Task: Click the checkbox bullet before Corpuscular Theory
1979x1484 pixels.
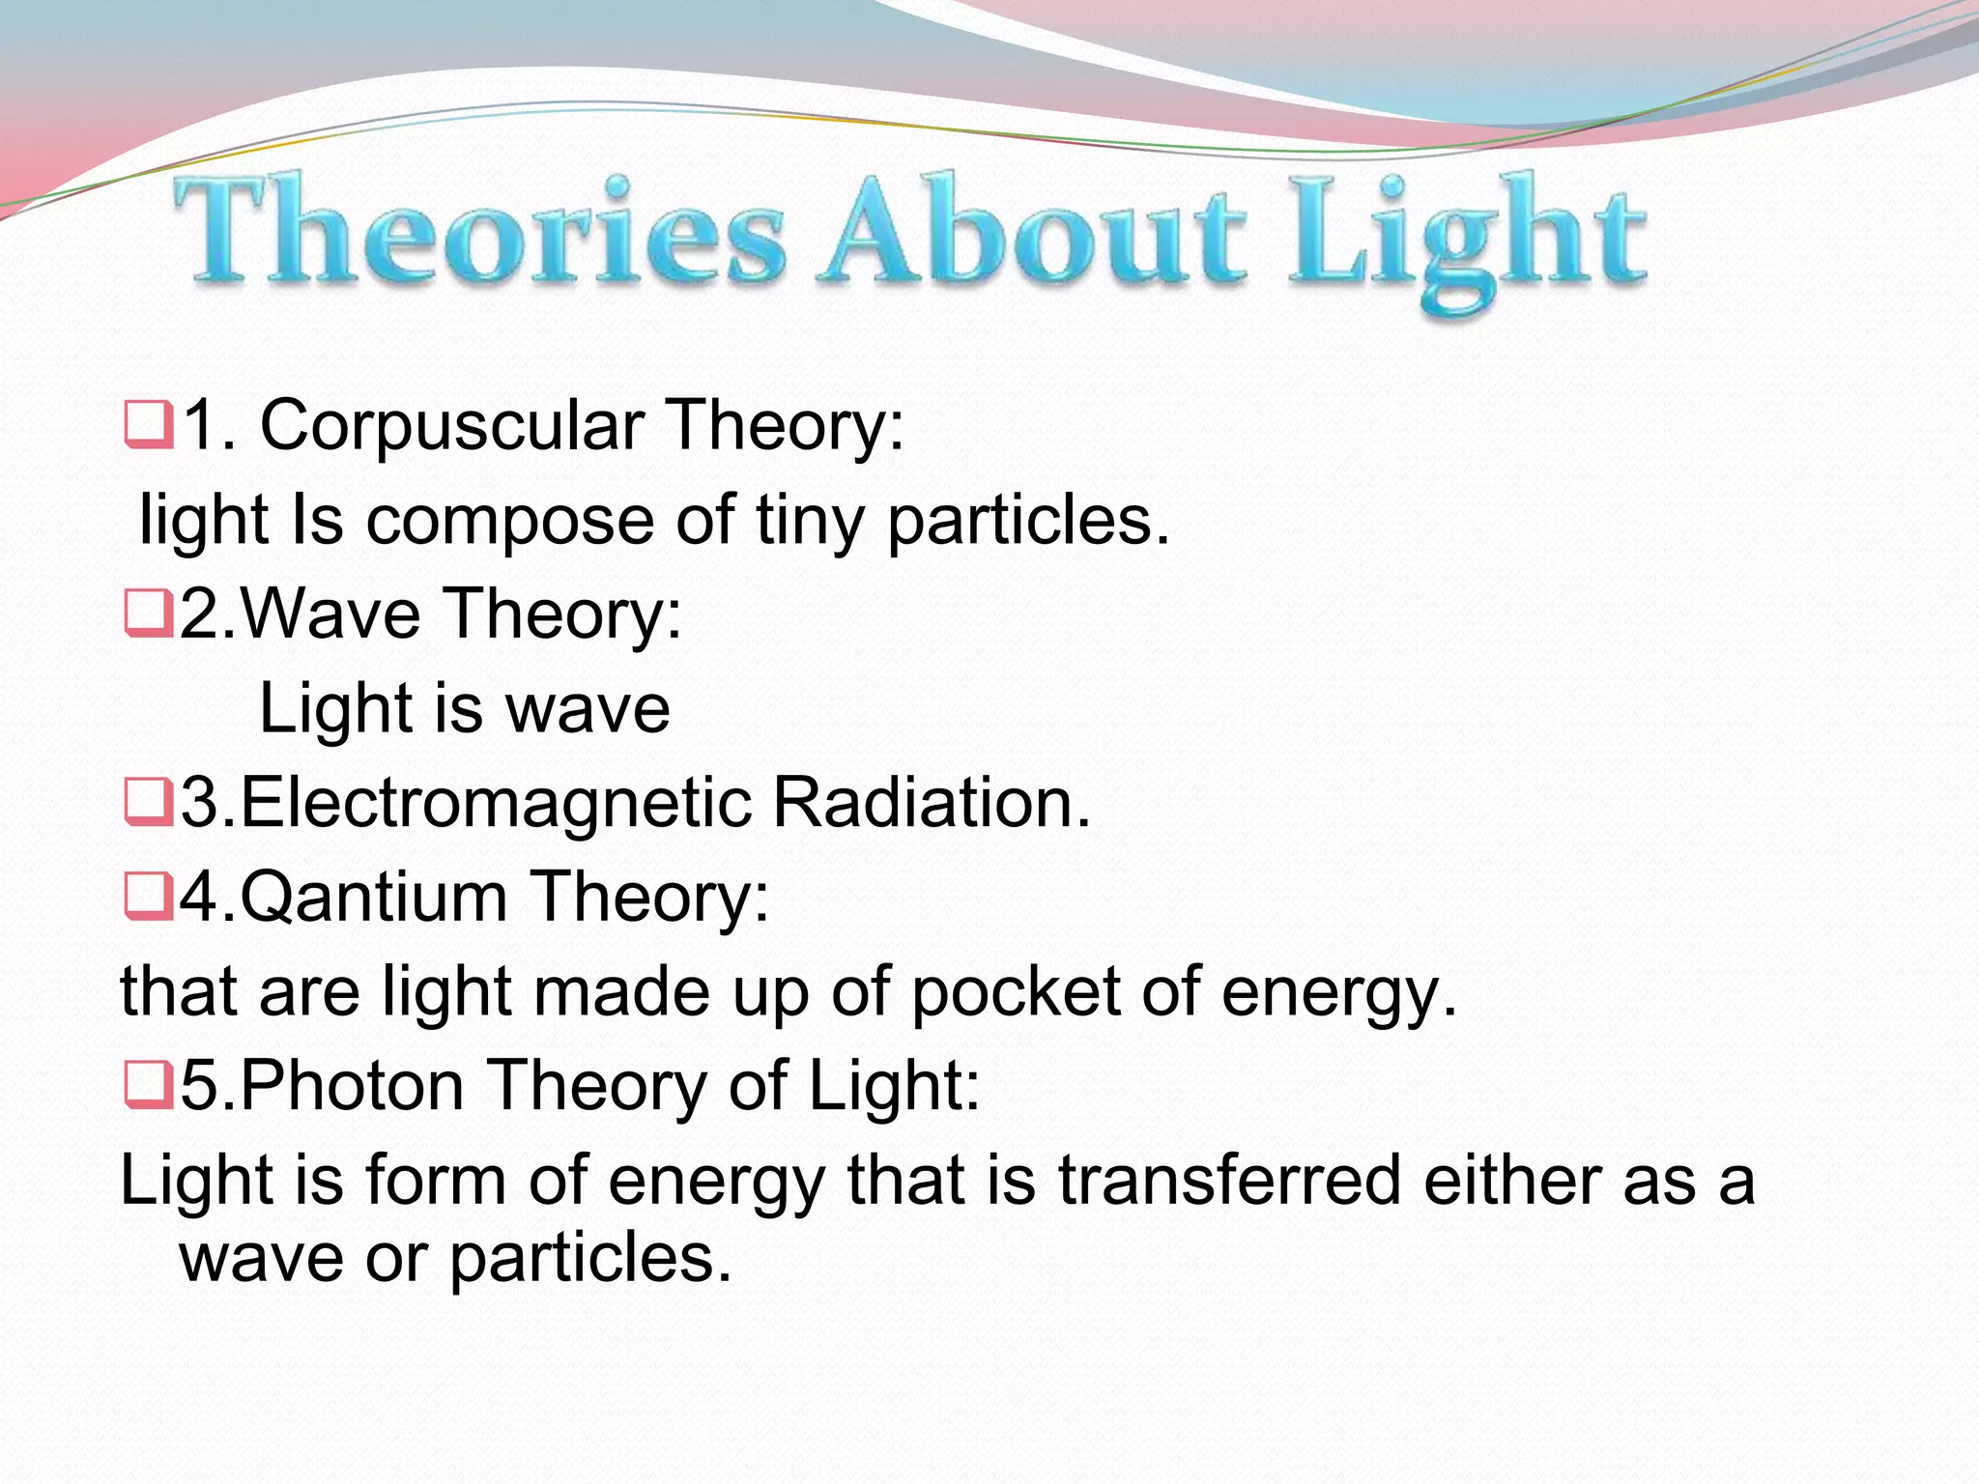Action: click(149, 426)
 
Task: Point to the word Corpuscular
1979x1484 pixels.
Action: click(452, 426)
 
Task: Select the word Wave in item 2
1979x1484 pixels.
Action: click(329, 614)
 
